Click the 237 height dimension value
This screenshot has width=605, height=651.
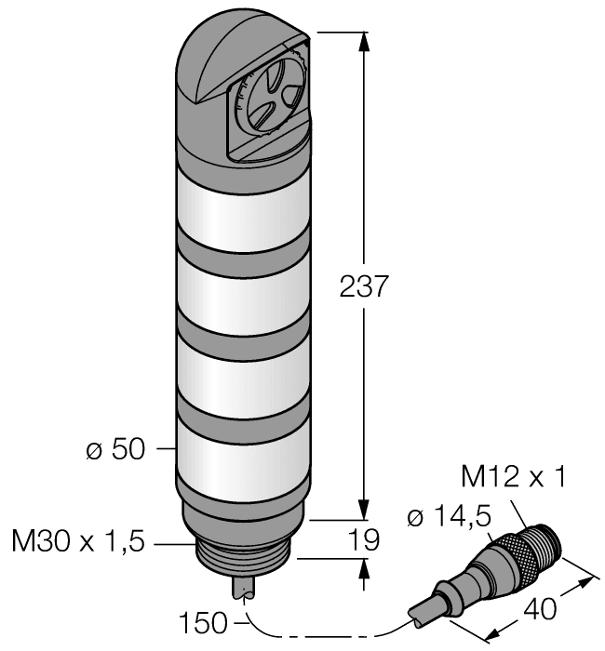pos(362,286)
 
